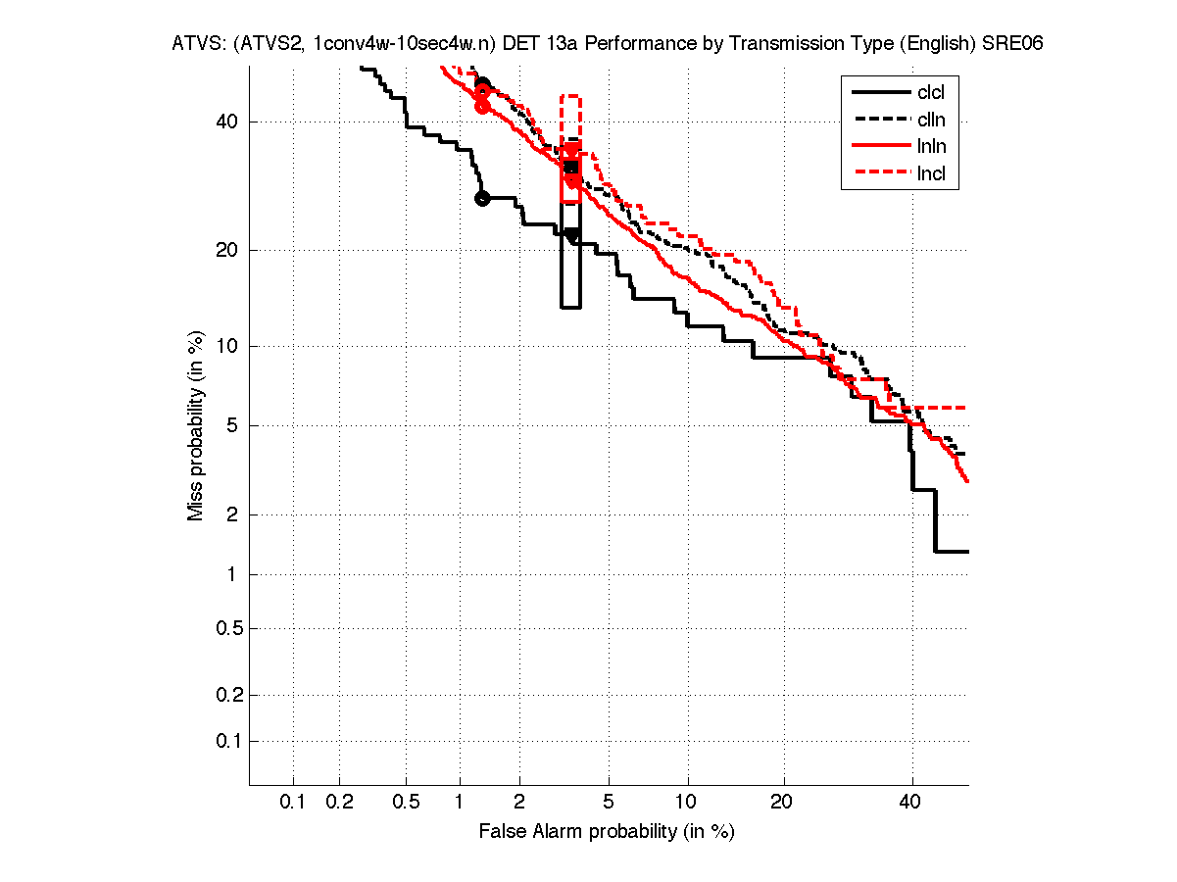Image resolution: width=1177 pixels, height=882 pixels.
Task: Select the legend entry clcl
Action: (x=931, y=93)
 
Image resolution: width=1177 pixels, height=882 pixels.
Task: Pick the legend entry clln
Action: (x=931, y=120)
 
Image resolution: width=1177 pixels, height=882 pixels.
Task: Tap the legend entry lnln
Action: (x=931, y=147)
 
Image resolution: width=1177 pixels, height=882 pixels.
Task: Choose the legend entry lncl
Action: (x=931, y=174)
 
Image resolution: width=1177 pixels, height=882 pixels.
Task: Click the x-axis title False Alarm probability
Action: (x=607, y=832)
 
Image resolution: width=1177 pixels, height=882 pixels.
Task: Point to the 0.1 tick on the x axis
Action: (x=293, y=802)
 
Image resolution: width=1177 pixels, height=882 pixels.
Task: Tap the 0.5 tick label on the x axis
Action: (x=406, y=802)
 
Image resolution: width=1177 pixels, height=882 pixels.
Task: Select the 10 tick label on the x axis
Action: (x=688, y=802)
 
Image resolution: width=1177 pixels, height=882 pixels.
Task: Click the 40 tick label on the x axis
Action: (x=911, y=802)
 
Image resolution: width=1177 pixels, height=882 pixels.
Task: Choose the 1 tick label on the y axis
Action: (x=233, y=575)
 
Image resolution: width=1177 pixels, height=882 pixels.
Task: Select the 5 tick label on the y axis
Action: (x=233, y=425)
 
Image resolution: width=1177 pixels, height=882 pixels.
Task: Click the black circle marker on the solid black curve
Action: (x=482, y=198)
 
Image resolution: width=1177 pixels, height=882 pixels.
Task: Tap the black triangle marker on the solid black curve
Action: (x=572, y=235)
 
